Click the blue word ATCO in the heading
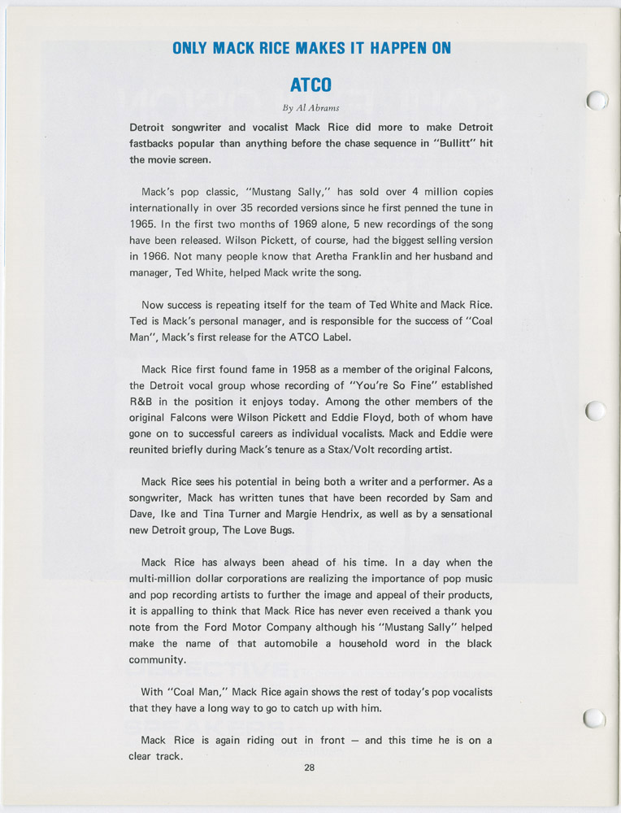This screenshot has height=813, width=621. [x=310, y=84]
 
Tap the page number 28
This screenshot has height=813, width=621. [x=310, y=768]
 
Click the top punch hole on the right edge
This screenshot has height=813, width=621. [x=597, y=101]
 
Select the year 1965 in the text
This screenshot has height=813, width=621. [x=143, y=222]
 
